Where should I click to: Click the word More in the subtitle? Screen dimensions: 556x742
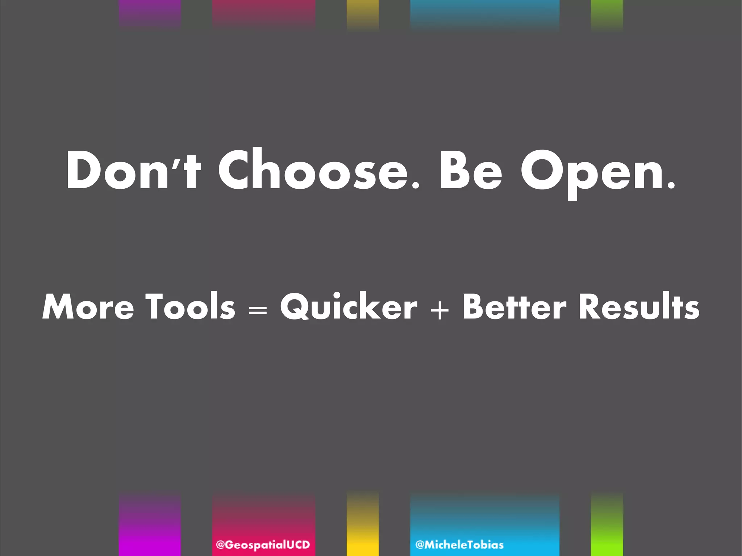tap(88, 307)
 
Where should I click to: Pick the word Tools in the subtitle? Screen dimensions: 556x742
tap(190, 307)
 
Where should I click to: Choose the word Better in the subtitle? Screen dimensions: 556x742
tap(514, 307)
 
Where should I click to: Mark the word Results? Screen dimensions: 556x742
tap(639, 307)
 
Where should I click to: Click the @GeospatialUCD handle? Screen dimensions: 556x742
tap(263, 544)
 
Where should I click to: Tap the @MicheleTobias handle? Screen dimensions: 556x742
tap(459, 544)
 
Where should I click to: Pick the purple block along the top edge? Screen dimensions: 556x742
tap(150, 13)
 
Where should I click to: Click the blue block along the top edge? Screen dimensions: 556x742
tap(485, 13)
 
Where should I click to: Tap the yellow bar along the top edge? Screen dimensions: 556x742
tap(363, 13)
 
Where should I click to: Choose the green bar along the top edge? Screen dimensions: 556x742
tap(607, 13)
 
